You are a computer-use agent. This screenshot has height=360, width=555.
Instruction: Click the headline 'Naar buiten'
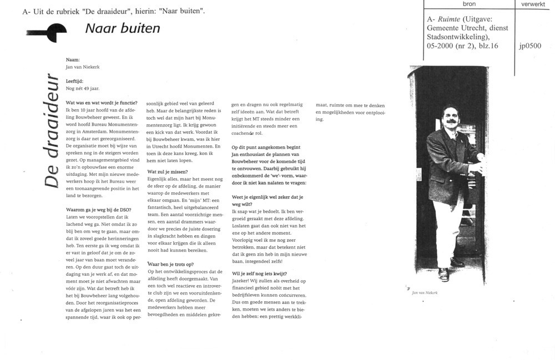pyautogui.click(x=123, y=28)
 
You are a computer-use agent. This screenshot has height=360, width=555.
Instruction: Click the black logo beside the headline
pyautogui.click(x=49, y=33)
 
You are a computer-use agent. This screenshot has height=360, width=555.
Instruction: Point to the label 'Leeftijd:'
pyautogui.click(x=74, y=81)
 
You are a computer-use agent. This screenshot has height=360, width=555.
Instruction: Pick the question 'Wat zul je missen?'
pyautogui.click(x=167, y=171)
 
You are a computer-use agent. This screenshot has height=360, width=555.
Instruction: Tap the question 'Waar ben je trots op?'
pyautogui.click(x=170, y=263)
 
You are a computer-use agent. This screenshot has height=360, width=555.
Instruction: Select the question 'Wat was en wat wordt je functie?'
pyautogui.click(x=102, y=103)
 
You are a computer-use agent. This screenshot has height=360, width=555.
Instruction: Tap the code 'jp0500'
pyautogui.click(x=530, y=47)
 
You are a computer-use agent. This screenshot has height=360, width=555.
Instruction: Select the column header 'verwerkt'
pyautogui.click(x=533, y=4)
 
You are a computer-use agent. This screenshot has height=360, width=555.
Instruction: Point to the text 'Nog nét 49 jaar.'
pyautogui.click(x=83, y=88)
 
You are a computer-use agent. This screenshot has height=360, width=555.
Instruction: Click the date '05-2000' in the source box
pyautogui.click(x=442, y=47)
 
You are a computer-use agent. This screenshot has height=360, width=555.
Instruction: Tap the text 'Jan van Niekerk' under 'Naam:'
pyautogui.click(x=83, y=67)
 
